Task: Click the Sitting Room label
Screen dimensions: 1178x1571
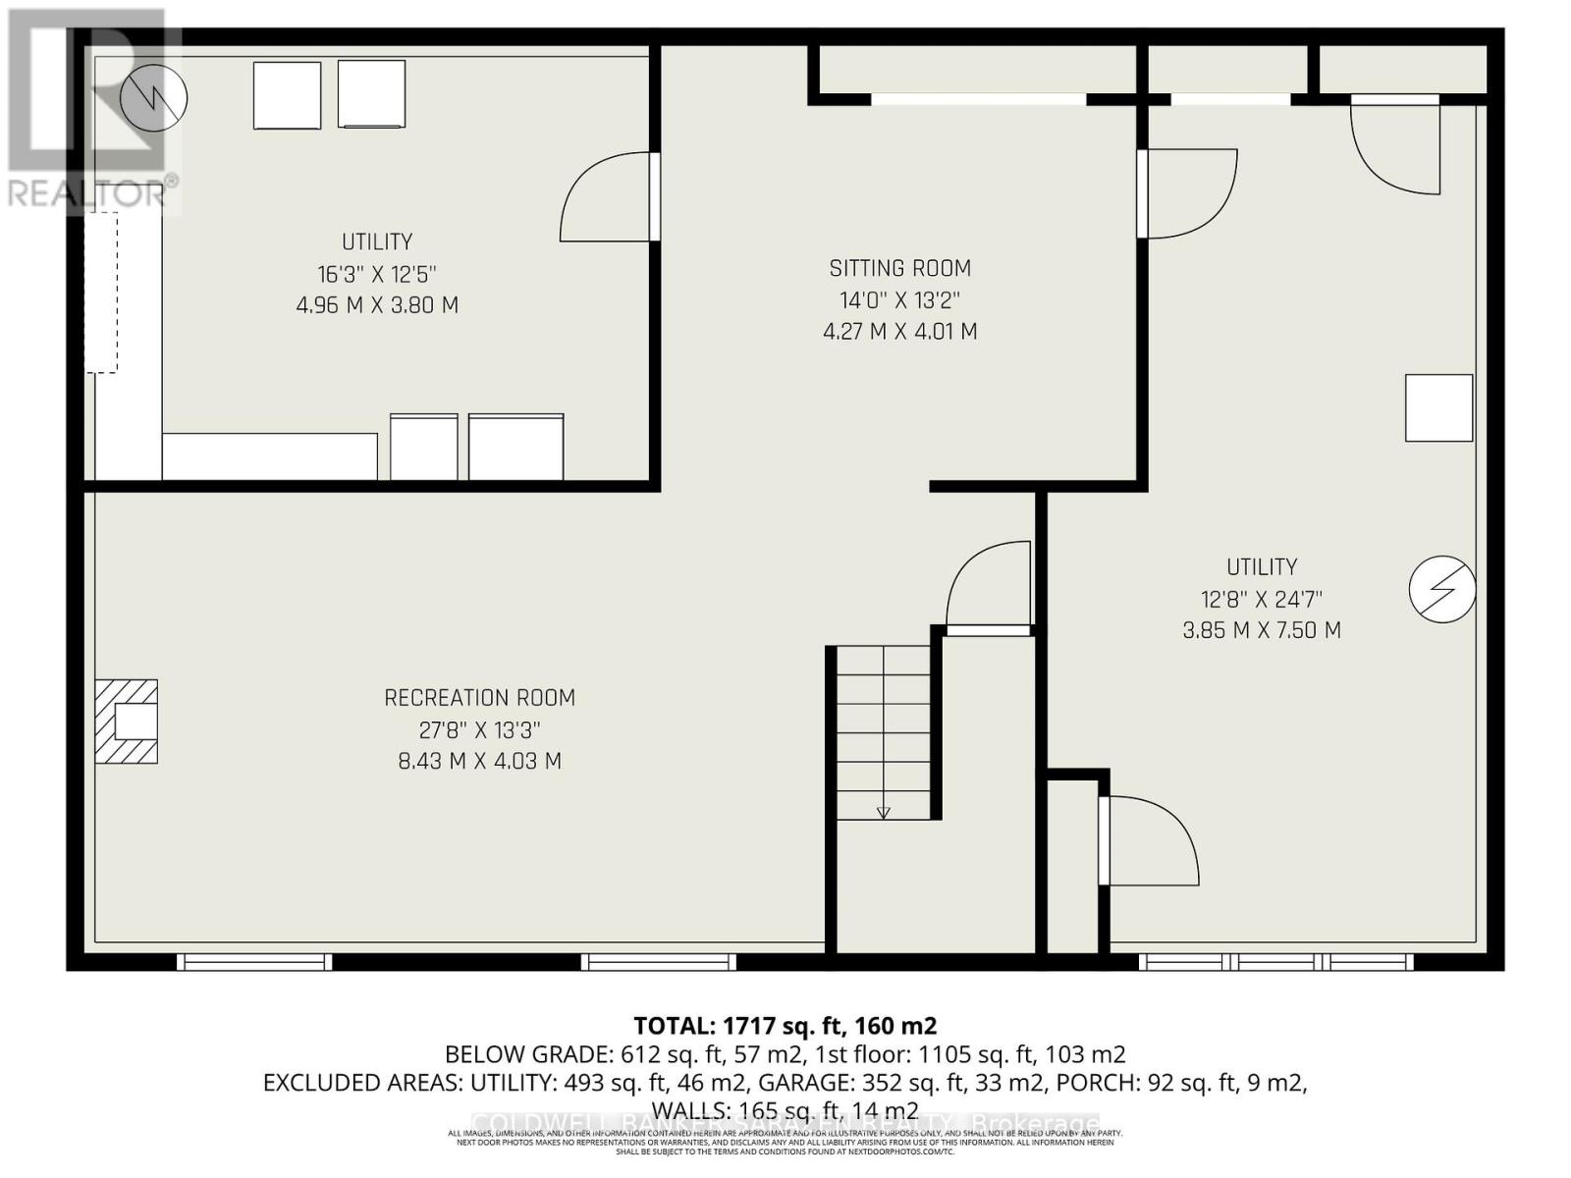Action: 899,268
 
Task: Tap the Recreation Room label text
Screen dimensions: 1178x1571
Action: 479,698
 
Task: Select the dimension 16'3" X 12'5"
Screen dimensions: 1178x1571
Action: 377,274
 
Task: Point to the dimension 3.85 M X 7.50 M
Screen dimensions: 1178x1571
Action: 1261,630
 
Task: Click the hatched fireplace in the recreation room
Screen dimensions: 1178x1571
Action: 126,722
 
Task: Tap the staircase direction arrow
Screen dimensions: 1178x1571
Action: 883,812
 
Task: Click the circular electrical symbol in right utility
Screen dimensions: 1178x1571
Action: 1441,589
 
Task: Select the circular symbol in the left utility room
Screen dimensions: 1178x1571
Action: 153,97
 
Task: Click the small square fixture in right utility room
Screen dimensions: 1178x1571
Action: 1438,407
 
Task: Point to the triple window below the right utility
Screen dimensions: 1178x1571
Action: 1276,962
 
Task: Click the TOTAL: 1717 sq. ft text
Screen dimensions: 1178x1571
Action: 785,1026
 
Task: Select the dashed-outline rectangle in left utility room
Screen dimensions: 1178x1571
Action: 101,293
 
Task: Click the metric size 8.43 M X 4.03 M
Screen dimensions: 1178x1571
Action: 479,761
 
